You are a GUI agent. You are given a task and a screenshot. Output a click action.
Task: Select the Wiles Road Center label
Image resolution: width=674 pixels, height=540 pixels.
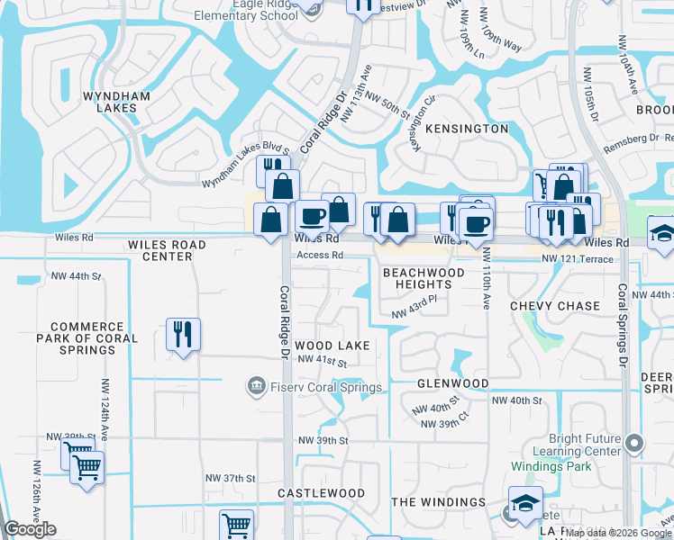point(167,250)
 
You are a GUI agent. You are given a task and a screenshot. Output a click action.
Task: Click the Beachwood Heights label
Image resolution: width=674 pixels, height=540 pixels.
point(424,278)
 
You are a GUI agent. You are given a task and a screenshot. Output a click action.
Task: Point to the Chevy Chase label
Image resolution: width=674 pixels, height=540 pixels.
point(555,306)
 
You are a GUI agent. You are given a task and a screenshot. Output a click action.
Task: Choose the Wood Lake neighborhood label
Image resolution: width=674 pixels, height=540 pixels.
point(332,346)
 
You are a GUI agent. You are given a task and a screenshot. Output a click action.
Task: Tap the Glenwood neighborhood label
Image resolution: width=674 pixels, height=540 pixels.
point(452,383)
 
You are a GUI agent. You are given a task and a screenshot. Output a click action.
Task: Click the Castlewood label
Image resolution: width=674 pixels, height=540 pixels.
point(321,493)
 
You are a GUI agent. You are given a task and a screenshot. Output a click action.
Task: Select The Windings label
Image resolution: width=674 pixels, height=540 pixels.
point(439,502)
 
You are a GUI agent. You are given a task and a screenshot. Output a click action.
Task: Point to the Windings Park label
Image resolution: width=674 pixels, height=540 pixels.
point(551,466)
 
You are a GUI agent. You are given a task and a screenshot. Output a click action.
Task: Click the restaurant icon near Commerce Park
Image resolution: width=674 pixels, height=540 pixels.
point(183,334)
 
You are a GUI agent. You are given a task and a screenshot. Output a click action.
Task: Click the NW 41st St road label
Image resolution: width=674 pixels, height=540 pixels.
point(322,360)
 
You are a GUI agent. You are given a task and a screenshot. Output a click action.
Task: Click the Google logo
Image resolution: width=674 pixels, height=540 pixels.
point(31,529)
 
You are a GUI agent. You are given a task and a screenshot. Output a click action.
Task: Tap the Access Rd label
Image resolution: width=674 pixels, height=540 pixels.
point(320,255)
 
